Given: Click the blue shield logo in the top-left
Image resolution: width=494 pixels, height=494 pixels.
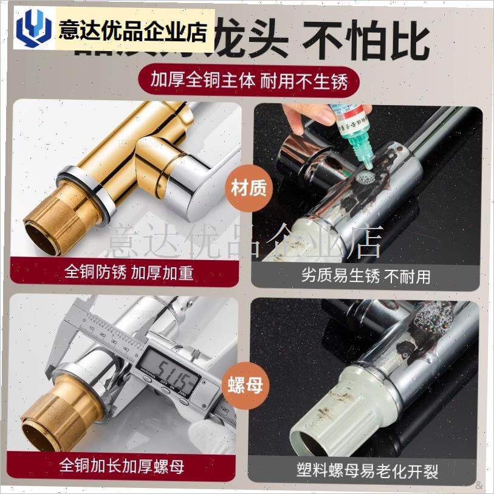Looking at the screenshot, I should click(x=33, y=30).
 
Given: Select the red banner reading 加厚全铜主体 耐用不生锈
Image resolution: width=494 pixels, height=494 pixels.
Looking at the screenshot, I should click(x=246, y=80).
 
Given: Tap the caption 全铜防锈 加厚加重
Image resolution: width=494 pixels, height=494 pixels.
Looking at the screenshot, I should click(x=129, y=272).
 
